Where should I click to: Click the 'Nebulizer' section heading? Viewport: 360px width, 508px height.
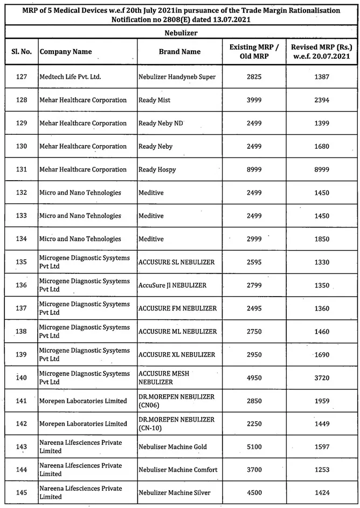(x=180, y=32)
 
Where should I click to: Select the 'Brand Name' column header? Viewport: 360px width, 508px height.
(x=179, y=52)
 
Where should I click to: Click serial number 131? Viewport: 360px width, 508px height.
(x=22, y=169)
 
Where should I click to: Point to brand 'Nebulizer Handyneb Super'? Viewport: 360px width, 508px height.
(x=177, y=77)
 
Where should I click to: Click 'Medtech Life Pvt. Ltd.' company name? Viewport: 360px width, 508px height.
(x=70, y=77)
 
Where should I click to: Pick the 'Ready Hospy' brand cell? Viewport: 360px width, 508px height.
(x=157, y=169)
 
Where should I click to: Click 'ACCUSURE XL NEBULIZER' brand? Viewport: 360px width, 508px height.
(x=177, y=354)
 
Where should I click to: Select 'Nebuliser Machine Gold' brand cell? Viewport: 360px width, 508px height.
(x=172, y=447)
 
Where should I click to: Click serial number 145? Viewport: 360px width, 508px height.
(x=22, y=492)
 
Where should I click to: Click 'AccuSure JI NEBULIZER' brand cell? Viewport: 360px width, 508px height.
(x=172, y=285)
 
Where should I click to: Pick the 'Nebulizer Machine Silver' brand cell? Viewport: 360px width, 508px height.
(x=174, y=492)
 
